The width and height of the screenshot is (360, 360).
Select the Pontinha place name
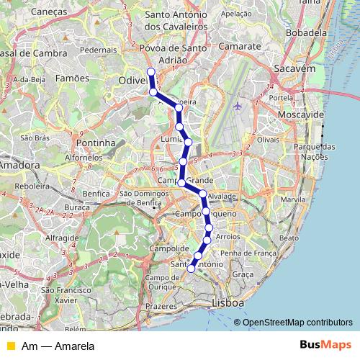(x=96, y=143)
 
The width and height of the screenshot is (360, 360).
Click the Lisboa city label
(x=228, y=304)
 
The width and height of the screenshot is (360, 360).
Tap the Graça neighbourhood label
(x=243, y=274)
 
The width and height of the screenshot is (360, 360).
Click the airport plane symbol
(x=238, y=107)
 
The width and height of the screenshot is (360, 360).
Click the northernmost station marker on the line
(x=150, y=71)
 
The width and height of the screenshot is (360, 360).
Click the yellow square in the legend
(x=10, y=346)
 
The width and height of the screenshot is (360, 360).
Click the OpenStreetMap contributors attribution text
(x=297, y=322)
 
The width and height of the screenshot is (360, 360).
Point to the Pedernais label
(x=99, y=50)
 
